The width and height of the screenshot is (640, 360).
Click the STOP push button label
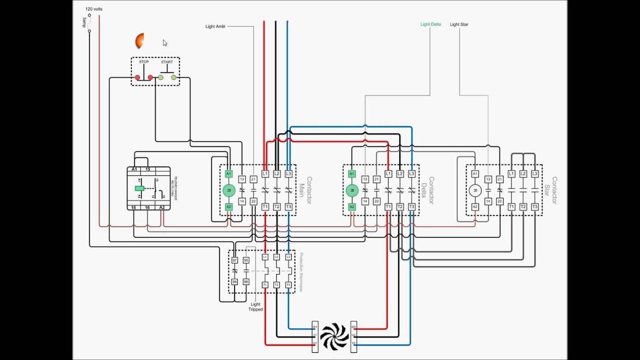(144, 62)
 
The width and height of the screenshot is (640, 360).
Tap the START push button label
(167, 62)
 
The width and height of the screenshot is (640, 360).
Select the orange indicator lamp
(140, 41)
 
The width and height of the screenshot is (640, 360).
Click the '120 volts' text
(94, 9)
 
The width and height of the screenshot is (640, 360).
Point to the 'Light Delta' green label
(430, 24)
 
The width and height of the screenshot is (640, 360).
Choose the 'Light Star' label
(459, 24)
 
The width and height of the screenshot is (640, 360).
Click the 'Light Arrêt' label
(215, 27)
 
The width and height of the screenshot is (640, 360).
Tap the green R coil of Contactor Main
(229, 190)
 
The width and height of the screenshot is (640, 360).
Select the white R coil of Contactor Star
(475, 190)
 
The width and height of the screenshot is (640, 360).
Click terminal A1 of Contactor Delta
(352, 174)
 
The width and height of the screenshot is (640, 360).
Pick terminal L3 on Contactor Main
(288, 174)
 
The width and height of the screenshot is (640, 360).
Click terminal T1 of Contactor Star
(511, 207)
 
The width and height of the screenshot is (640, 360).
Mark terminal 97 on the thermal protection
(234, 260)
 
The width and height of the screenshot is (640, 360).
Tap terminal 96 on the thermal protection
(246, 282)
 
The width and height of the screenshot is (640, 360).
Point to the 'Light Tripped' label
(255, 307)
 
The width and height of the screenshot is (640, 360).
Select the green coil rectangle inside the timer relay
(140, 189)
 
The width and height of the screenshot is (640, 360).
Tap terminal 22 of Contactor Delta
(377, 201)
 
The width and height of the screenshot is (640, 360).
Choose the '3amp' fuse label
(84, 23)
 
